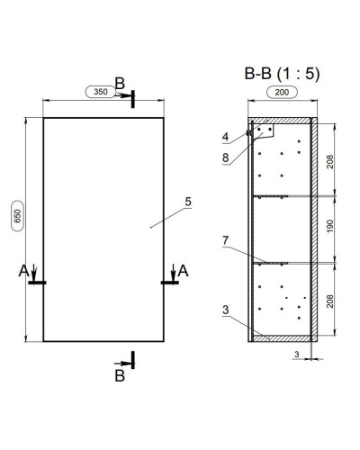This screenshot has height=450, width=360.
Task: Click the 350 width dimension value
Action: [101, 92]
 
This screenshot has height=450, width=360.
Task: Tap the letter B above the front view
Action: [120, 82]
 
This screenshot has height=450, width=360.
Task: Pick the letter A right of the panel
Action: [183, 269]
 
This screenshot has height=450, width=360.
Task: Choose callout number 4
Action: [226, 138]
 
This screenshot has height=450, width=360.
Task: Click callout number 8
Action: [226, 157]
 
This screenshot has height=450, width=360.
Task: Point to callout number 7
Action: [226, 240]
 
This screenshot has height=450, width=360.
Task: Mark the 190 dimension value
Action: [330, 229]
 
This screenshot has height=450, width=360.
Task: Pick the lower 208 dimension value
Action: [330, 301]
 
